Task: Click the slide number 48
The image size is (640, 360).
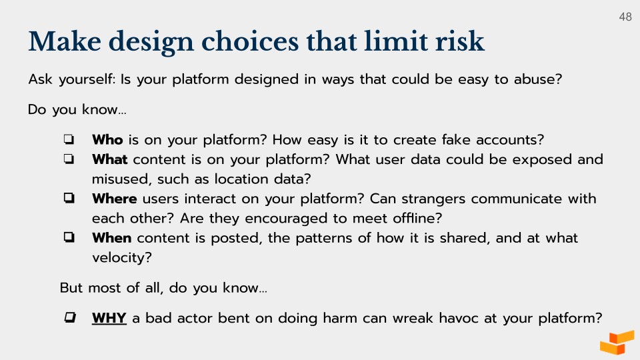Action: [625, 17]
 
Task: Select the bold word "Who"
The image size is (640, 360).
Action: [107, 140]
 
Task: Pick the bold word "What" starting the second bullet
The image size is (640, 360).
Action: [110, 159]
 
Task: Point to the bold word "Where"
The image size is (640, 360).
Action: [114, 199]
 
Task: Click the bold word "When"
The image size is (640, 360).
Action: [111, 238]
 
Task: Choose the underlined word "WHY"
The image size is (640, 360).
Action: [109, 318]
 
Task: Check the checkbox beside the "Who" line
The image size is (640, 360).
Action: [69, 140]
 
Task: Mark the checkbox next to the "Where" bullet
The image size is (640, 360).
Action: [69, 199]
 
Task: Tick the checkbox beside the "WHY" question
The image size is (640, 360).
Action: [69, 318]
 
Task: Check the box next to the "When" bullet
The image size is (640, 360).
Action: [69, 238]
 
